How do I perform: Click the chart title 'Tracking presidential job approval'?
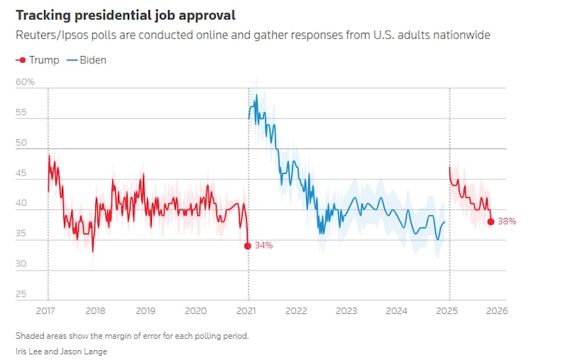click(126, 15)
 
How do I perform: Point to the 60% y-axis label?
click(26, 82)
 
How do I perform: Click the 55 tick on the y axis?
click(21, 113)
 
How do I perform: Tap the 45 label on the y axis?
click(21, 173)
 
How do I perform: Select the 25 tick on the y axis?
click(21, 294)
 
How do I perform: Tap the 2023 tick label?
click(346, 310)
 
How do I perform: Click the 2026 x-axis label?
click(496, 310)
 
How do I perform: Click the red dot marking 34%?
click(248, 246)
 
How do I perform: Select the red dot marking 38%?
click(491, 222)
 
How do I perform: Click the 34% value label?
click(263, 246)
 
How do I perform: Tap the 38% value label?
click(506, 222)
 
